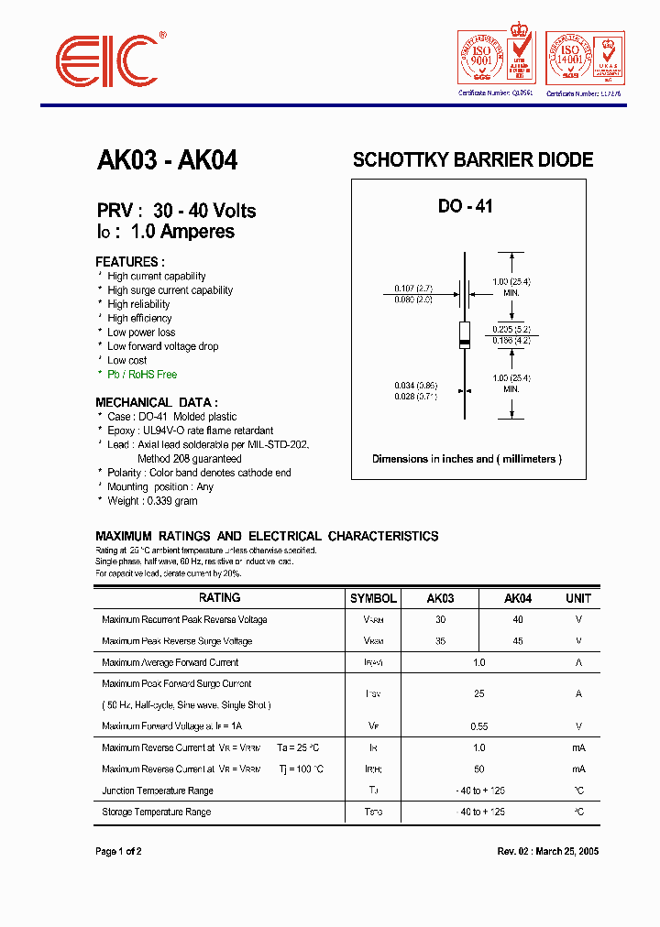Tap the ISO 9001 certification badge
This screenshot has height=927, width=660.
(496, 59)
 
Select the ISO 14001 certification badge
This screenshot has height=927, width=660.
(585, 59)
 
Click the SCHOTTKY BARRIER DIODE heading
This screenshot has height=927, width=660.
(473, 159)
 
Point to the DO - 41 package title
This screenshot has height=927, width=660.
(465, 206)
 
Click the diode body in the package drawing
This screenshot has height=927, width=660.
(465, 336)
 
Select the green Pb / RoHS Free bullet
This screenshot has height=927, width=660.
(142, 375)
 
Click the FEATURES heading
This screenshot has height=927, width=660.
(130, 261)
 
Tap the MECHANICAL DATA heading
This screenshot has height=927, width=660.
(157, 402)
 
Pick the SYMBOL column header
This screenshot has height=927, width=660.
(373, 598)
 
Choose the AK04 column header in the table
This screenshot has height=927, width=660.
(518, 598)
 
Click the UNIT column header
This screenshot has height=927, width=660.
(578, 598)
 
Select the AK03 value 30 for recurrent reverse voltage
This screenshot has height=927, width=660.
(440, 620)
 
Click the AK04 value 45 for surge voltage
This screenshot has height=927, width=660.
(518, 641)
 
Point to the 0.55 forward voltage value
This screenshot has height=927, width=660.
(478, 726)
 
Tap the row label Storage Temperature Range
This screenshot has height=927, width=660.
(157, 812)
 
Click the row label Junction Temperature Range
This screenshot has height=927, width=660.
(158, 791)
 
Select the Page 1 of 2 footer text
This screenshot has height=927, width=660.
(118, 851)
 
